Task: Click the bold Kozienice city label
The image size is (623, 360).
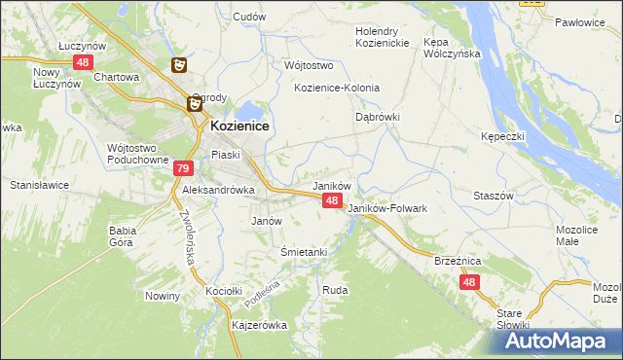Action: click(x=239, y=126)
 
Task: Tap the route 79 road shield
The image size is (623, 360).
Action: click(x=183, y=168)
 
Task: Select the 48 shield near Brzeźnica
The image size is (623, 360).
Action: click(x=469, y=282)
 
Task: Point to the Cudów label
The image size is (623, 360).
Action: click(x=249, y=17)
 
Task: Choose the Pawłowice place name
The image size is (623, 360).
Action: click(x=580, y=21)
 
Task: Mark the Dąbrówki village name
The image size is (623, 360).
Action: click(x=378, y=117)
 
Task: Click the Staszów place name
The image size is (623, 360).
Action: click(x=493, y=196)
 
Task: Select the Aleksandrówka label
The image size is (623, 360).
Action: click(x=218, y=191)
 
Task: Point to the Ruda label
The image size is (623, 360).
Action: click(x=335, y=290)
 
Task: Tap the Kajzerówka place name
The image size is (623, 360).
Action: click(x=259, y=325)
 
